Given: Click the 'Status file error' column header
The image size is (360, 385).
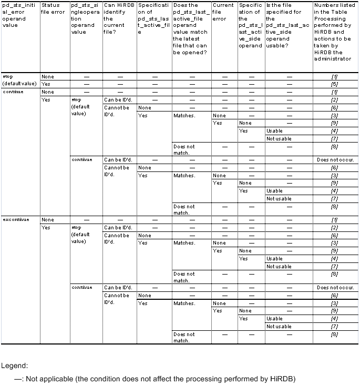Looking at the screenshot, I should [53, 9].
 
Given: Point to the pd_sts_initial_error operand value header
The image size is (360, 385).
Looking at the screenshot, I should [19, 15].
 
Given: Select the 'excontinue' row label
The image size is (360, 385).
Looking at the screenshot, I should [16, 219].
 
